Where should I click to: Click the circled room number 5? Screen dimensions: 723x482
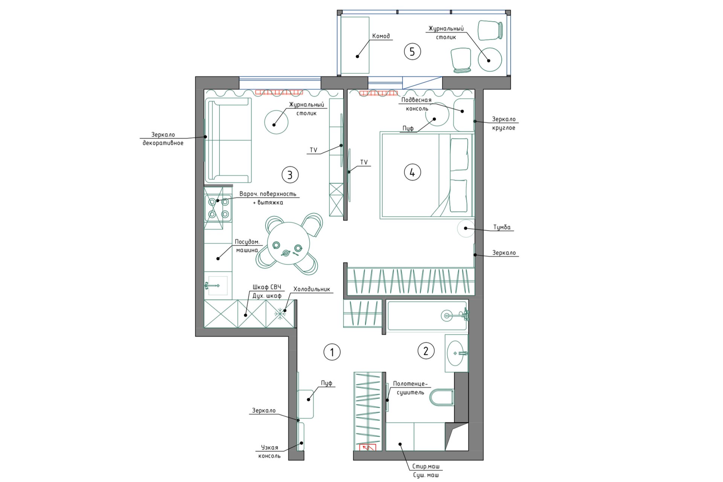(x=412, y=52)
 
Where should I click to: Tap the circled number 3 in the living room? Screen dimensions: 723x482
(x=290, y=175)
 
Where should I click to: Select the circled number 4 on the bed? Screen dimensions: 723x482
(x=412, y=172)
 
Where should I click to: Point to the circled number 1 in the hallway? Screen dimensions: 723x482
(x=332, y=352)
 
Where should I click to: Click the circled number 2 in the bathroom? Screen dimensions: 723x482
(x=426, y=351)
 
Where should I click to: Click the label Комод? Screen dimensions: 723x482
(x=381, y=36)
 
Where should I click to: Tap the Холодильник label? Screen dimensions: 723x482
(x=312, y=289)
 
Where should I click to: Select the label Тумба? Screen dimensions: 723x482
(x=502, y=227)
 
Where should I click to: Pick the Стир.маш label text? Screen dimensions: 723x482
(x=426, y=466)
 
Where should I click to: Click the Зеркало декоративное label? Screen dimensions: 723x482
(x=163, y=139)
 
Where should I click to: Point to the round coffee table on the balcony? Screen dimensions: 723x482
(x=490, y=59)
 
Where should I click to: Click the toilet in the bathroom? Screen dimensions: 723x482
(x=442, y=398)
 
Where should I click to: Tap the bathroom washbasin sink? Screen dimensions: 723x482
(x=456, y=353)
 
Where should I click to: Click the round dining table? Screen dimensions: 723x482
(x=288, y=244)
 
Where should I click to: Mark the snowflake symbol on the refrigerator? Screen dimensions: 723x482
(x=280, y=313)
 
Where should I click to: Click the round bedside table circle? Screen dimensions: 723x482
(x=466, y=228)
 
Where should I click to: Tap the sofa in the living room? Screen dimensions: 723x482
(x=228, y=140)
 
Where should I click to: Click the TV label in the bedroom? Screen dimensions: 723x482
(x=364, y=162)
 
